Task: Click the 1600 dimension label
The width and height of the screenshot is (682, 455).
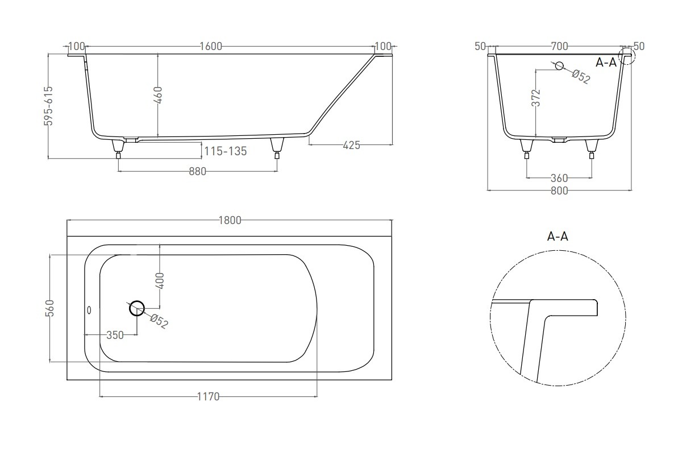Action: pos(211,46)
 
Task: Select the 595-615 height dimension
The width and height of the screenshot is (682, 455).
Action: pos(49,106)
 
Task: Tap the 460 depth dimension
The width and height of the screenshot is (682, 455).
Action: pos(158,95)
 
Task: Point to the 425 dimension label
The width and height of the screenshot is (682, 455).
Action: pos(351,146)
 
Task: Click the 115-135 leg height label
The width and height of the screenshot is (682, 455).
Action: pos(225,151)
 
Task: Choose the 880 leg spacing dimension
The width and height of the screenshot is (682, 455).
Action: pos(197,172)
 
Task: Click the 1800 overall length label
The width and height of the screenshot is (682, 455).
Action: pos(230,220)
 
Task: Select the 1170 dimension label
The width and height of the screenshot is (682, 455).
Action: pos(208,396)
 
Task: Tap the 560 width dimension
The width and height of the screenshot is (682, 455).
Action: pos(49,308)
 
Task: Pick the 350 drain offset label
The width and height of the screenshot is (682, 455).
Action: pos(115,335)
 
